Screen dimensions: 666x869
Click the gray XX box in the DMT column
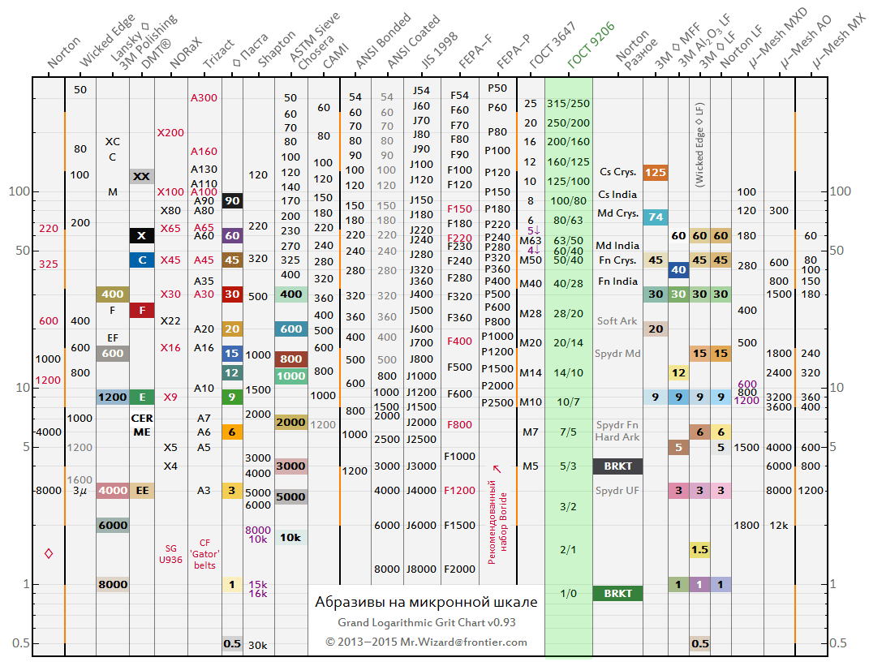142,176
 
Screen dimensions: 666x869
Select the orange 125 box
655,172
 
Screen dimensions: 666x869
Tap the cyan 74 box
655,217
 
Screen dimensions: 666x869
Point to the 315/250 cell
569,103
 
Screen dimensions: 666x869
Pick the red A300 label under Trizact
204,97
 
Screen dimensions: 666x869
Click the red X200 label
170,132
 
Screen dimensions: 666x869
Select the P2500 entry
497,402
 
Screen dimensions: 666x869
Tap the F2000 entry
459,569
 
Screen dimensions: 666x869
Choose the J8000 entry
421,569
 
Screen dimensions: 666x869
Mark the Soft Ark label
617,320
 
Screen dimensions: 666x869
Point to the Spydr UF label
617,490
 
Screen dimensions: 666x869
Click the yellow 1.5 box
699,550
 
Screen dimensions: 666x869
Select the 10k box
290,537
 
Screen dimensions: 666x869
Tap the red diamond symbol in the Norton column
49,553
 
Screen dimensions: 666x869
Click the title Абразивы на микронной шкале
425,602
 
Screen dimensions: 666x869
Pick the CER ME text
142,425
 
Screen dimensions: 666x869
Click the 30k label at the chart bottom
258,645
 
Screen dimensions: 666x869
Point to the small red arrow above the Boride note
497,469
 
